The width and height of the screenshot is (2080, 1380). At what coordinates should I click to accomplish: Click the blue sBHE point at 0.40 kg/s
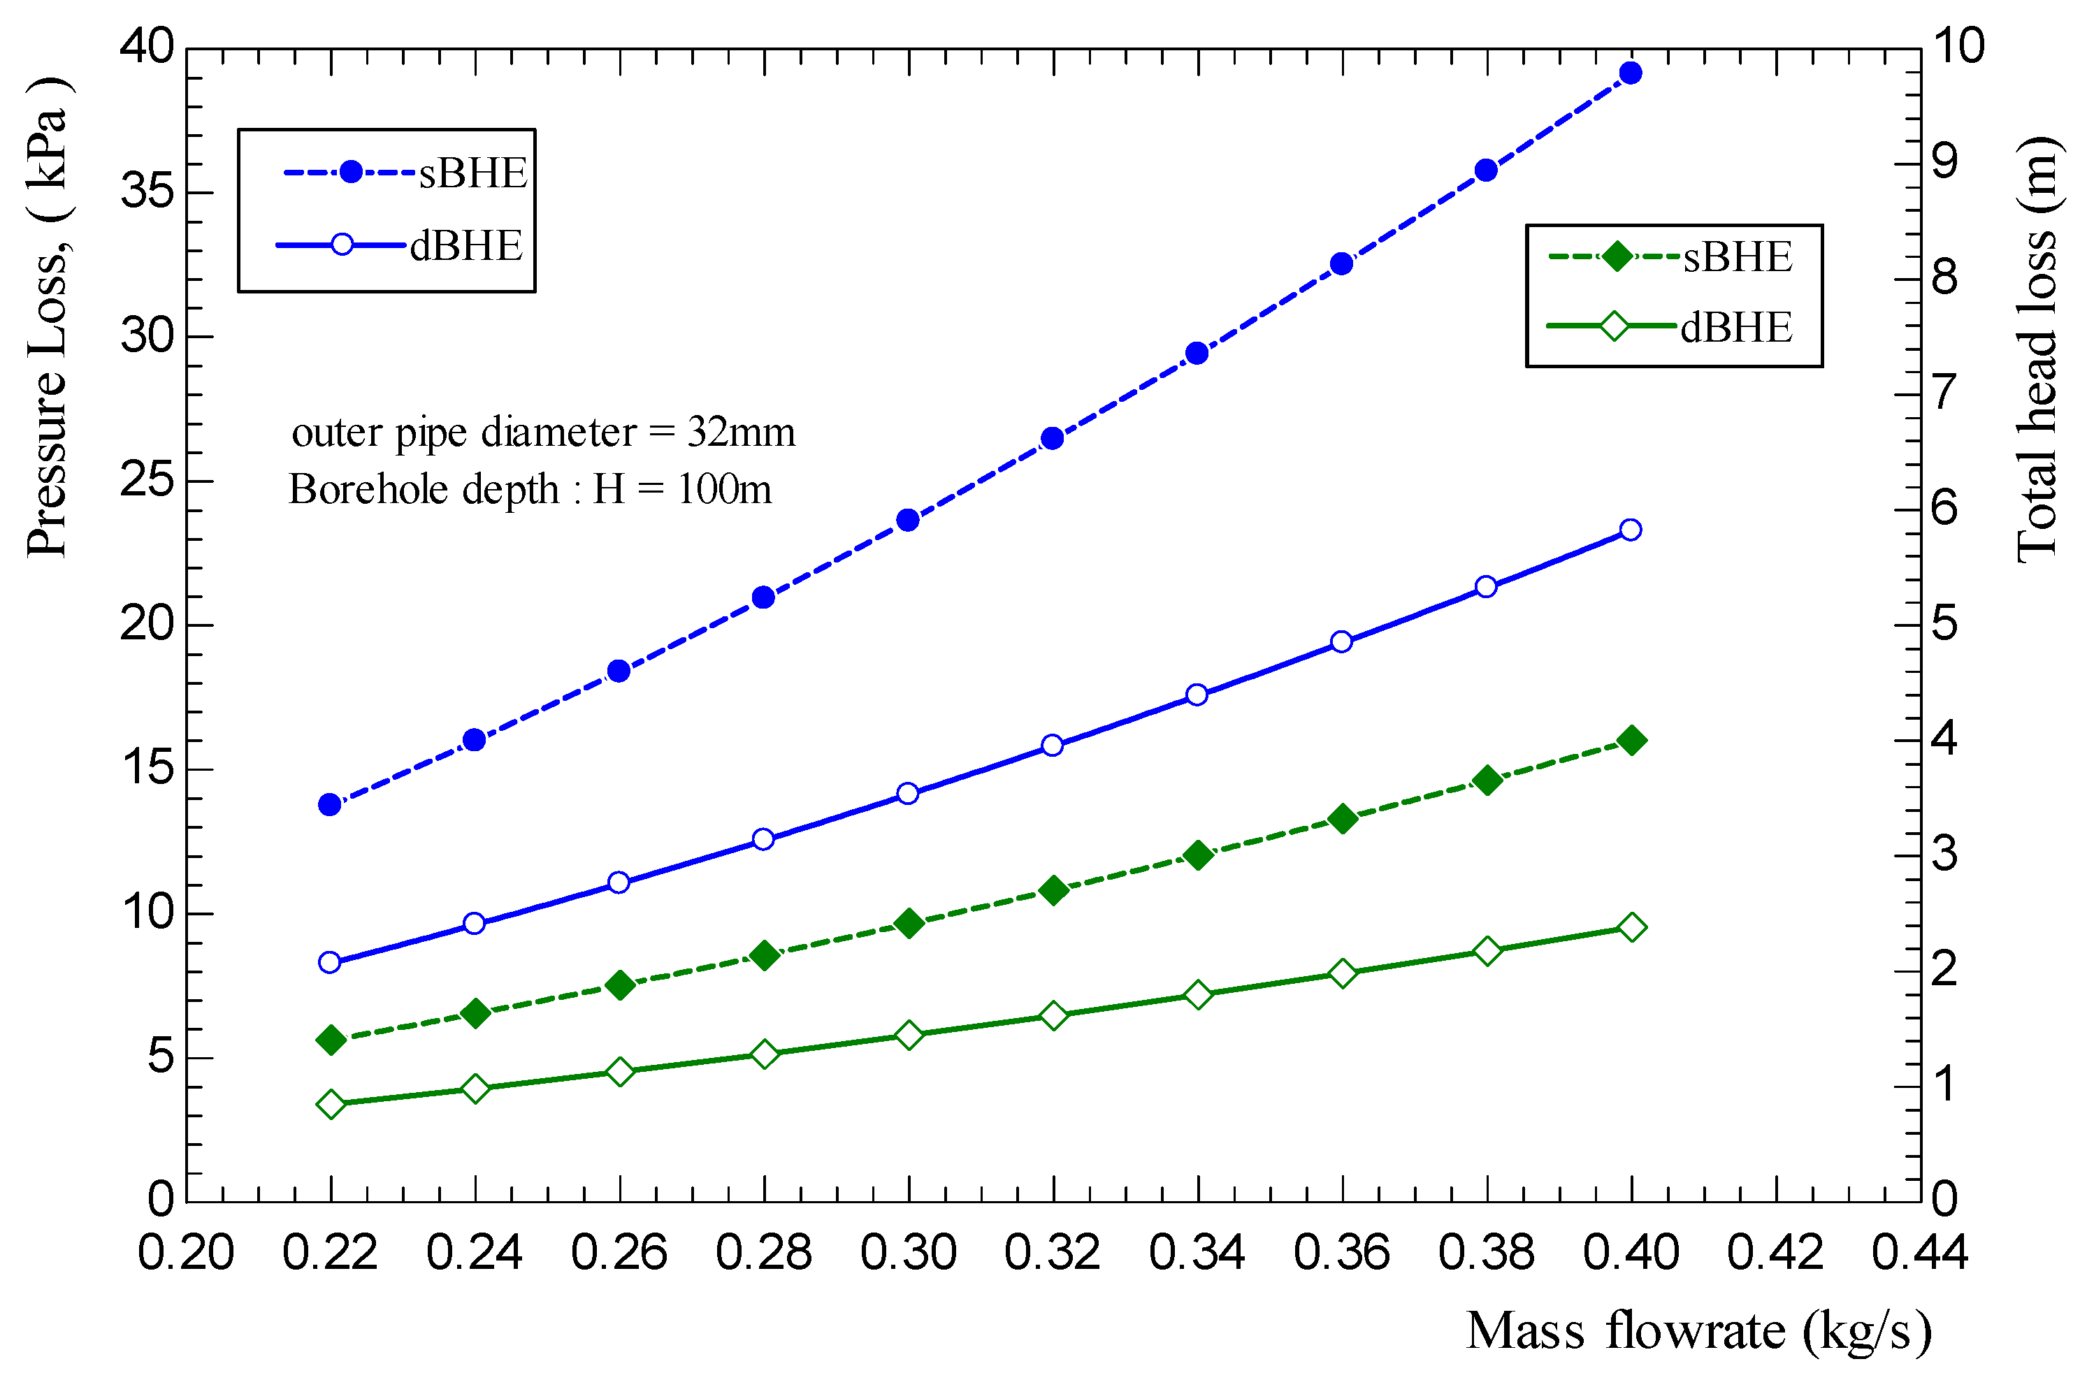pyautogui.click(x=1630, y=73)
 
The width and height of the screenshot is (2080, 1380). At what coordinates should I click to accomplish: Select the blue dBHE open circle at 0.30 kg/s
pyautogui.click(x=909, y=794)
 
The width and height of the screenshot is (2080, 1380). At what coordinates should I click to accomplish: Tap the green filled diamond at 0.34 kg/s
pyautogui.click(x=1197, y=855)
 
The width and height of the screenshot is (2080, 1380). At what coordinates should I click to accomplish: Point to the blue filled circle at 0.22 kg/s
pyautogui.click(x=330, y=804)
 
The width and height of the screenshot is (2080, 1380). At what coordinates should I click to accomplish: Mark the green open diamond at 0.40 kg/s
pyautogui.click(x=1631, y=928)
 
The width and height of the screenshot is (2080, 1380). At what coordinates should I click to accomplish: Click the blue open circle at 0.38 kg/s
pyautogui.click(x=1486, y=587)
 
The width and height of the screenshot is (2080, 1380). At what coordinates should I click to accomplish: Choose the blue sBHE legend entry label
pyautogui.click(x=472, y=173)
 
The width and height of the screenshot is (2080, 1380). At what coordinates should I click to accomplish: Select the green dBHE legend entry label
pyautogui.click(x=1736, y=328)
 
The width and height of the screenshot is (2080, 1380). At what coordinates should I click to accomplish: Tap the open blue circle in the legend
pyautogui.click(x=342, y=245)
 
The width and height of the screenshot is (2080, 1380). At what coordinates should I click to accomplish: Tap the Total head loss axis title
pyautogui.click(x=2037, y=350)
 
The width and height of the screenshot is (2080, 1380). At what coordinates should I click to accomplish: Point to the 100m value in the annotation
pyautogui.click(x=723, y=489)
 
